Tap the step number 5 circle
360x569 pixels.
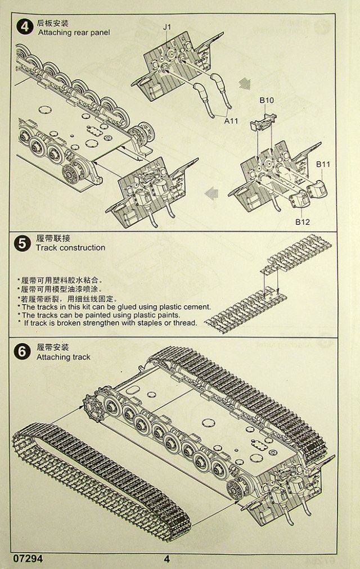(x=23, y=243)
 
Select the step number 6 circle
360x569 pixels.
(x=23, y=353)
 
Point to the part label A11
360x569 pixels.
(x=231, y=120)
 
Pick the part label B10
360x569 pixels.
(x=267, y=100)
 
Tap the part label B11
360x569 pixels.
(x=323, y=164)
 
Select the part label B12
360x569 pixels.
(x=303, y=221)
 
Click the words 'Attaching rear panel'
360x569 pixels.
(x=74, y=33)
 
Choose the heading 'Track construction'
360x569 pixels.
(x=70, y=247)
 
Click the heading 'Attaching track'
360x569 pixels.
(x=63, y=357)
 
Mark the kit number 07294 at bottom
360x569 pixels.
(x=26, y=559)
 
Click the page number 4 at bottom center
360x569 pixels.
(x=167, y=559)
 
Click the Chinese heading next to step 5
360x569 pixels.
(x=53, y=238)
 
